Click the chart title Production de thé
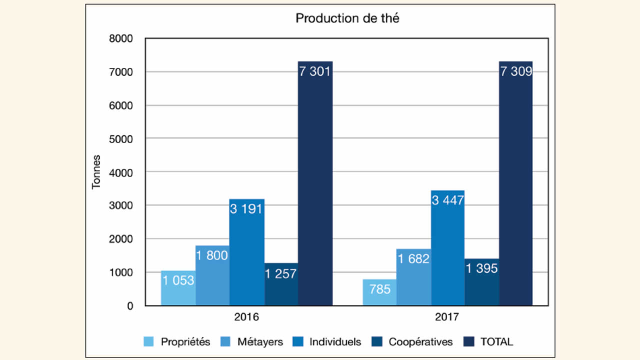click(x=347, y=18)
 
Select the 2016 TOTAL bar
click(x=315, y=190)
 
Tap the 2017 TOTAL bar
click(x=515, y=190)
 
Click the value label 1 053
click(x=178, y=280)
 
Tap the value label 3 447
click(x=447, y=200)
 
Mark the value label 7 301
click(x=315, y=71)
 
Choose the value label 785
click(x=380, y=289)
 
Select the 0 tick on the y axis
click(x=129, y=305)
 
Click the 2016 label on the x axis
click(x=246, y=317)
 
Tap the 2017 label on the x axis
click(x=447, y=317)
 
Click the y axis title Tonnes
click(x=96, y=171)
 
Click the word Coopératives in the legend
click(x=420, y=342)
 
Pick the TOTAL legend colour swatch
click(x=469, y=342)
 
